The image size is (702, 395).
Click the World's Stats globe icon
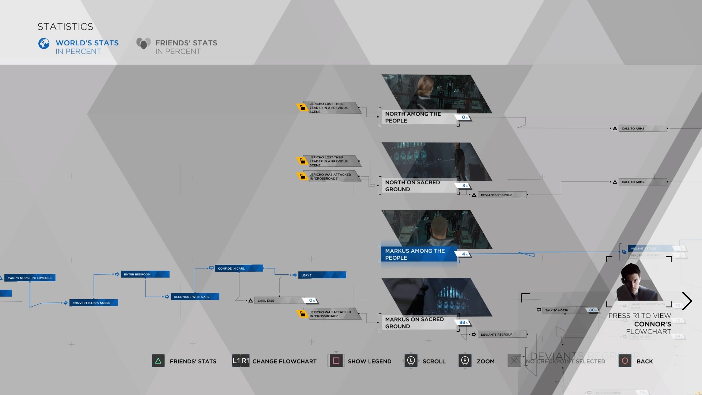click(x=44, y=44)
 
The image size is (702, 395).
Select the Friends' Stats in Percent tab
click(x=186, y=47)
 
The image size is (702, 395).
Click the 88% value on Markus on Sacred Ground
click(x=463, y=322)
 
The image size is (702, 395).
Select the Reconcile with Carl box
click(x=195, y=297)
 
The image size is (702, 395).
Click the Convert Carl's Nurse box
click(x=94, y=303)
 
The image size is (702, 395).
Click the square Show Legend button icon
click(x=336, y=361)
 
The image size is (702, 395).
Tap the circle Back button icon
click(x=625, y=361)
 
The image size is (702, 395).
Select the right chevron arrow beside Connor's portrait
click(x=687, y=301)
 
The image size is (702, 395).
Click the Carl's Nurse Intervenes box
click(x=30, y=278)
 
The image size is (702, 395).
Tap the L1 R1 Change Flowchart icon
click(x=241, y=361)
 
